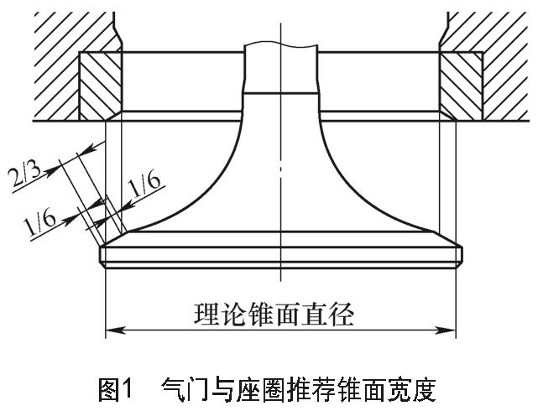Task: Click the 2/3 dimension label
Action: click(29, 179)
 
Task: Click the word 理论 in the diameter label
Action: click(217, 315)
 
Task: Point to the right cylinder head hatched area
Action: click(495, 42)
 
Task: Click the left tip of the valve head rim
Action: click(100, 253)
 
